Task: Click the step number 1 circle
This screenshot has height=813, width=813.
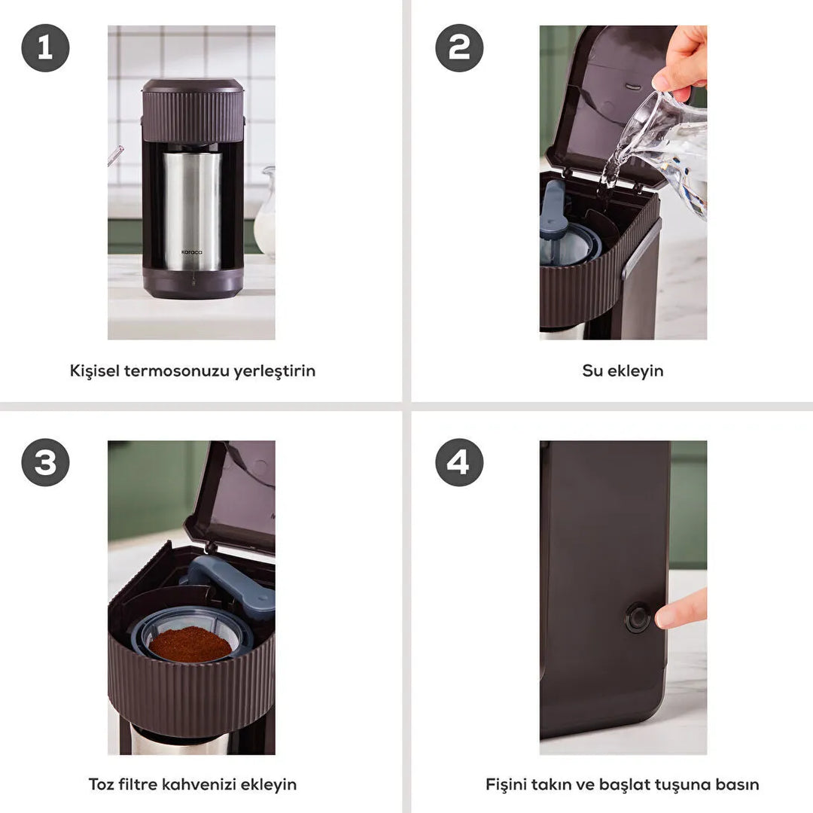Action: pos(45,48)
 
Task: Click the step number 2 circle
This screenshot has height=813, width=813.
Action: pos(459,48)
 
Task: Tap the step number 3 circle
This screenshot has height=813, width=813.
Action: pos(45,462)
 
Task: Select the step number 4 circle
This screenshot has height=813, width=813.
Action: pos(459,462)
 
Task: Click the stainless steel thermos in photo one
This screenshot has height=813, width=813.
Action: pos(193,211)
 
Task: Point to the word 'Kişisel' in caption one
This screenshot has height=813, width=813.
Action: pos(94,371)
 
